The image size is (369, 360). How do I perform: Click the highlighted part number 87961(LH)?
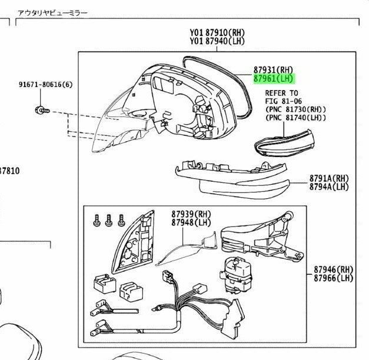coord(274,78)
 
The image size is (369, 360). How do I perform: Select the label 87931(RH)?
coord(274,69)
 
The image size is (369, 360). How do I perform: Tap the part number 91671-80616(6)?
coord(46,85)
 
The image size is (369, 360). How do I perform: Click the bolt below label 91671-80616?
coord(42,110)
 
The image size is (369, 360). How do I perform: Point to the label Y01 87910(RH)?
coord(217,32)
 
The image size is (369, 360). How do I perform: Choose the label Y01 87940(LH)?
coord(217,41)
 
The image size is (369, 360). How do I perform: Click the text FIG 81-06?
coord(283,101)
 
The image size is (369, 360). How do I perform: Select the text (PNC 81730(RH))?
coord(296,109)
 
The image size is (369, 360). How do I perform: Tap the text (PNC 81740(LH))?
coord(296,118)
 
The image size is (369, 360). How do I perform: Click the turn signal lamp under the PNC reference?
coord(285,143)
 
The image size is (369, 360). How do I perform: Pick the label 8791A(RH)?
coord(329,178)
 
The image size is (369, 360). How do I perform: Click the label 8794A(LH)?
coord(329,186)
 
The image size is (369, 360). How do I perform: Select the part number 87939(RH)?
coord(191,214)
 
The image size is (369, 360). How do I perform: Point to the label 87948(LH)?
coord(191,222)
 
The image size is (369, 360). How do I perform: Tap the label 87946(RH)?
coord(334,269)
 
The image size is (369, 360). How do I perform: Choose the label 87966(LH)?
coord(334,278)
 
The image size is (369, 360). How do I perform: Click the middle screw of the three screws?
coord(108,220)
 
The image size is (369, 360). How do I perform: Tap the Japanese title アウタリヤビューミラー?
coord(52,13)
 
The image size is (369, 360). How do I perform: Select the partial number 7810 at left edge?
coord(9,171)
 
